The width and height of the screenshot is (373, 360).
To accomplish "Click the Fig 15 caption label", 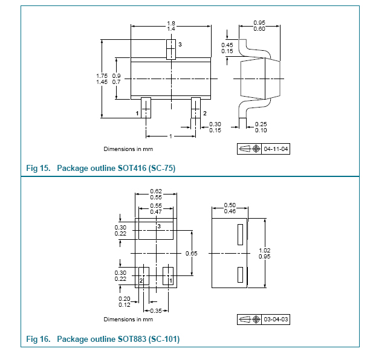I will tap(100, 168).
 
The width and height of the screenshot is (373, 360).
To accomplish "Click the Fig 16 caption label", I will tap(103, 339).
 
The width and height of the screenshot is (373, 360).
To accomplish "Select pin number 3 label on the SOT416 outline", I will tap(180, 45).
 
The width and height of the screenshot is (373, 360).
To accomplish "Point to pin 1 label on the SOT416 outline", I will tap(137, 113).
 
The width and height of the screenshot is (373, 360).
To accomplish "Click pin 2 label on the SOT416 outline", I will tap(204, 113).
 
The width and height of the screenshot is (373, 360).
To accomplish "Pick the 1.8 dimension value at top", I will tap(171, 23).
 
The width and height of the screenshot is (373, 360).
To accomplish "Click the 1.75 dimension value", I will tap(102, 76).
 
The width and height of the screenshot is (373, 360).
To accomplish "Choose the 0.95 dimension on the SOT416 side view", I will tap(260, 23).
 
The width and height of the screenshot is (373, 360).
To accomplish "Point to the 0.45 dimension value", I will tap(227, 45).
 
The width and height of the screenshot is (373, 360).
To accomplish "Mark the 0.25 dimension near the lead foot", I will tap(261, 124).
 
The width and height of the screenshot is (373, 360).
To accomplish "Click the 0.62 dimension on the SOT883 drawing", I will tap(156, 192).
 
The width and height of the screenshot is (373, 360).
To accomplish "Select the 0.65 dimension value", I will tap(191, 253).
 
